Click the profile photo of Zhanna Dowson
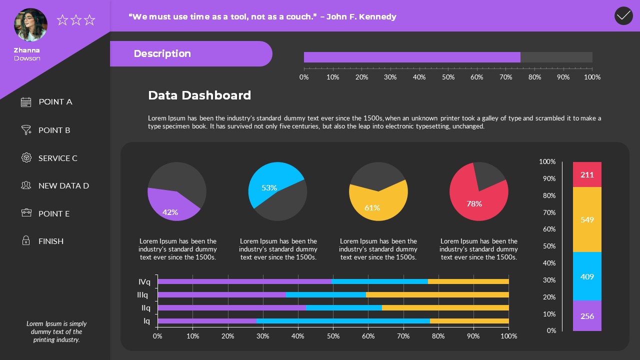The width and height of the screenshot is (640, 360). pyautogui.click(x=30, y=24)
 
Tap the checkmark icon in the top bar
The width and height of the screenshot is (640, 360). pyautogui.click(x=623, y=16)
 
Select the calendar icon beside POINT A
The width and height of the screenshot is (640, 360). pyautogui.click(x=26, y=102)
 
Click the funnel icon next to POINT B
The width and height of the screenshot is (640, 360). pyautogui.click(x=26, y=130)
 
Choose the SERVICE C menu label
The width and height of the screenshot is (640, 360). pyautogui.click(x=58, y=158)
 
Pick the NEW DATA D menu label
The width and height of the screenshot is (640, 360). pyautogui.click(x=63, y=185)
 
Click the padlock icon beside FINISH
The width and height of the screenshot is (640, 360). pyautogui.click(x=26, y=241)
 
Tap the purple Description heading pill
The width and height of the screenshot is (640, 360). pyautogui.click(x=190, y=53)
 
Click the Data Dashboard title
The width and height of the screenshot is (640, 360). pyautogui.click(x=199, y=95)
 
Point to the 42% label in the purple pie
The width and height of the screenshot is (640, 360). pyautogui.click(x=170, y=212)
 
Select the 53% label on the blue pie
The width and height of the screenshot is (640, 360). pyautogui.click(x=269, y=187)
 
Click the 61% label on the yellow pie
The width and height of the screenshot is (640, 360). pyautogui.click(x=372, y=207)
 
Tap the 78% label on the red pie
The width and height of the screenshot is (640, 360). pyautogui.click(x=474, y=203)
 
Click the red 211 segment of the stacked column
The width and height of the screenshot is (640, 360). pyautogui.click(x=587, y=174)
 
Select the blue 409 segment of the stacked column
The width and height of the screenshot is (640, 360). pyautogui.click(x=587, y=276)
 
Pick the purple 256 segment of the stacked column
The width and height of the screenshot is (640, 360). pyautogui.click(x=587, y=316)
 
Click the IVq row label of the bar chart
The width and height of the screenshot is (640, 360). pyautogui.click(x=144, y=281)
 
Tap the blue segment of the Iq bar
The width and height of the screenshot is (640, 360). pyautogui.click(x=342, y=321)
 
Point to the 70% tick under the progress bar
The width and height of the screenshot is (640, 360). pyautogui.click(x=505, y=77)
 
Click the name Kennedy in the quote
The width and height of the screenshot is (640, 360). pyautogui.click(x=378, y=16)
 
